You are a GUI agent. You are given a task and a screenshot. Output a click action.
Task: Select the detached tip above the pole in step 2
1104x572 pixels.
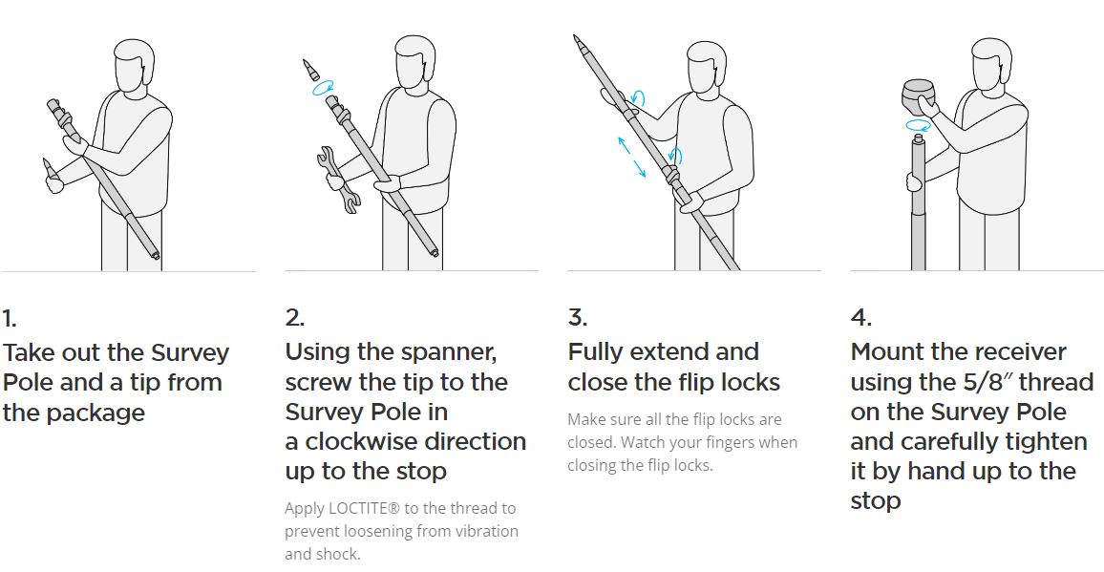pyautogui.click(x=310, y=70)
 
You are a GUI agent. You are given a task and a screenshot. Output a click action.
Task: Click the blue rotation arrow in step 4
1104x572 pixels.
pyautogui.click(x=918, y=125)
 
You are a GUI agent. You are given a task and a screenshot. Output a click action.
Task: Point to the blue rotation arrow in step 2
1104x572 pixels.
pyautogui.click(x=323, y=88)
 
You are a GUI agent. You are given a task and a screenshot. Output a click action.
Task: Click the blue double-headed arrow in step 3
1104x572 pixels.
pyautogui.click(x=631, y=158)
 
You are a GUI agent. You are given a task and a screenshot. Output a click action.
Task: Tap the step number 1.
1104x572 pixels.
pyautogui.click(x=10, y=319)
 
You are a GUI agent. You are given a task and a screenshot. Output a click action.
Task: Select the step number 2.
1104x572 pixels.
pyautogui.click(x=295, y=318)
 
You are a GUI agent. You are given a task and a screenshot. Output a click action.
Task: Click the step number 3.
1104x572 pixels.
pyautogui.click(x=578, y=318)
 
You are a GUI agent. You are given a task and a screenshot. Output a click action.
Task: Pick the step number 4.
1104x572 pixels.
pyautogui.click(x=861, y=318)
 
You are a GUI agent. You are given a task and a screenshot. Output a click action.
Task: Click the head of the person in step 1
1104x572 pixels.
pyautogui.click(x=134, y=64)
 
